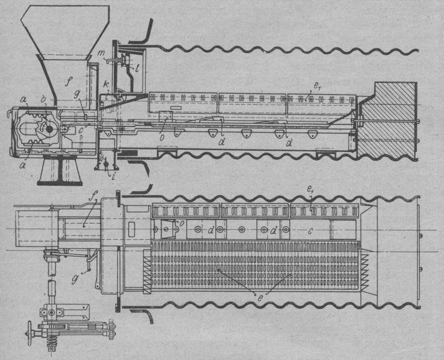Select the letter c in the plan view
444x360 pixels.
coord(309,231)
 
